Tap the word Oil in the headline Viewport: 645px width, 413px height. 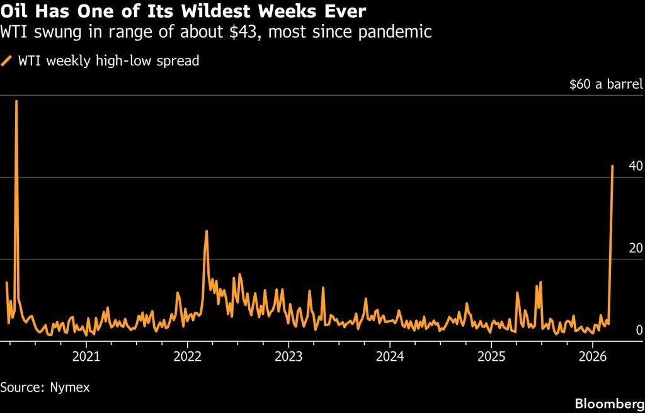14,11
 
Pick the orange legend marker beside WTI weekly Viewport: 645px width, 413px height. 7,61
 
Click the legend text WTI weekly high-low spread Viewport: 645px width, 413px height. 108,61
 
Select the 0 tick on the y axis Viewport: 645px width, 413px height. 639,330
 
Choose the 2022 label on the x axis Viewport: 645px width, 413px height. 186,356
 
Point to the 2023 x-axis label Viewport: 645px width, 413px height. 288,356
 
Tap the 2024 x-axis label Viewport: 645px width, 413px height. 389,356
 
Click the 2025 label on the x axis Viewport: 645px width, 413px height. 491,356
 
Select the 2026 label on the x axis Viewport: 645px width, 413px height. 593,356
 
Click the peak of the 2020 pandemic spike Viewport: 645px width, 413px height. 16,101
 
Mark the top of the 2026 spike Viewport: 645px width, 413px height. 612,166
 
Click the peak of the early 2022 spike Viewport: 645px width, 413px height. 206,231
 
